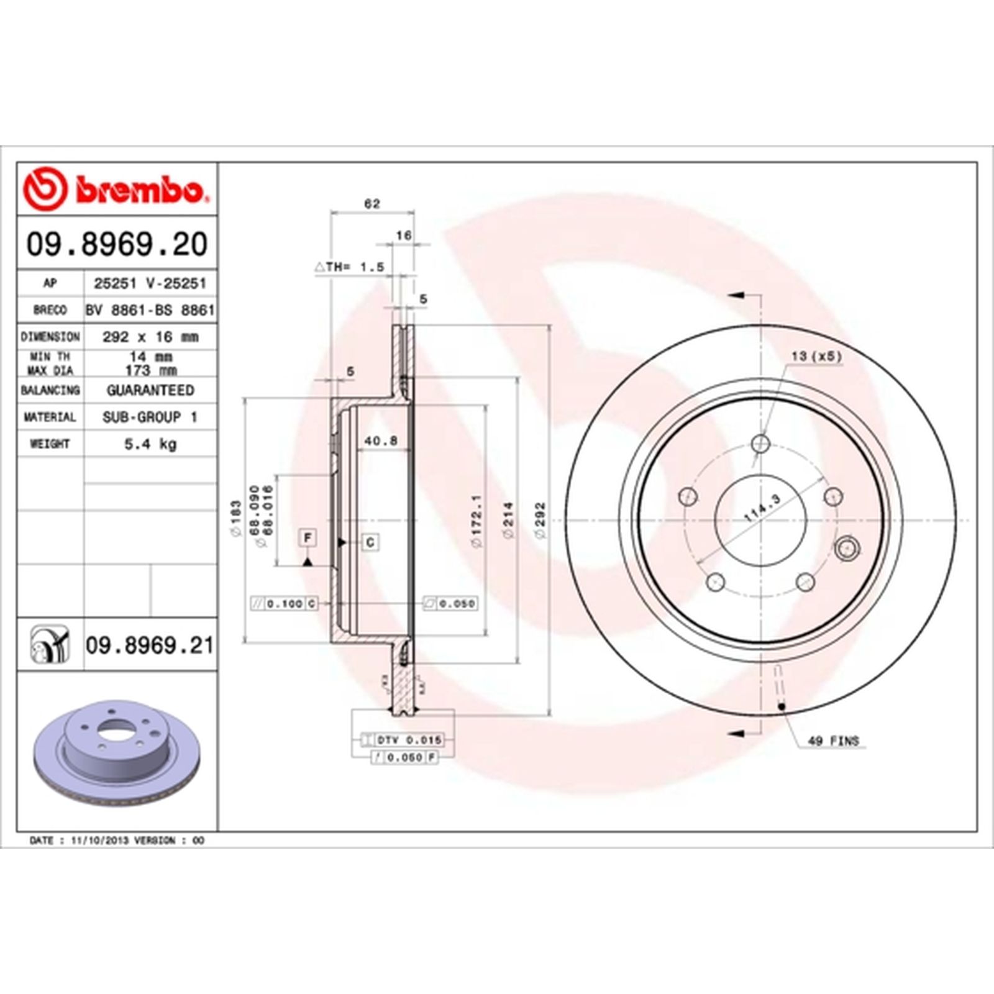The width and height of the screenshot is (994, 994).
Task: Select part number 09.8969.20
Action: click(116, 244)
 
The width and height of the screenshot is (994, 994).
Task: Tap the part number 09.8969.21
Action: click(149, 645)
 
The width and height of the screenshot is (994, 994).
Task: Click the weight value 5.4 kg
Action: click(150, 444)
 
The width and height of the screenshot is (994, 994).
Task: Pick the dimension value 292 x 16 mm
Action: click(150, 337)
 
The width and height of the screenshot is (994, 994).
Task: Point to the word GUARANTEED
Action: click(150, 390)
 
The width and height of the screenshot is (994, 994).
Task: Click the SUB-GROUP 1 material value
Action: click(150, 417)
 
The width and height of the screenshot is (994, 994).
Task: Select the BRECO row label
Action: click(50, 310)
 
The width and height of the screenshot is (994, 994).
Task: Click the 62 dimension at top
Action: click(372, 204)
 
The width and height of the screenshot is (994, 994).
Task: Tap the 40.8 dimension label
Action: click(380, 441)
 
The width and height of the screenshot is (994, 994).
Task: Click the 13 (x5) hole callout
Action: click(816, 357)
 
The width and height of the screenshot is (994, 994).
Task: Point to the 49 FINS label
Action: click(833, 741)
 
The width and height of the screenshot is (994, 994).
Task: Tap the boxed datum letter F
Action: click(308, 538)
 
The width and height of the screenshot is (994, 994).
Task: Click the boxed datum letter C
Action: click(370, 542)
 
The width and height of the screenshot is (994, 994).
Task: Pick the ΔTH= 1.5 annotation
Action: click(349, 267)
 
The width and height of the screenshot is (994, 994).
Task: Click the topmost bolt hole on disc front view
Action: click(760, 444)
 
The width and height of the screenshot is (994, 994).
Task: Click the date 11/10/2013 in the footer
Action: click(99, 841)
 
